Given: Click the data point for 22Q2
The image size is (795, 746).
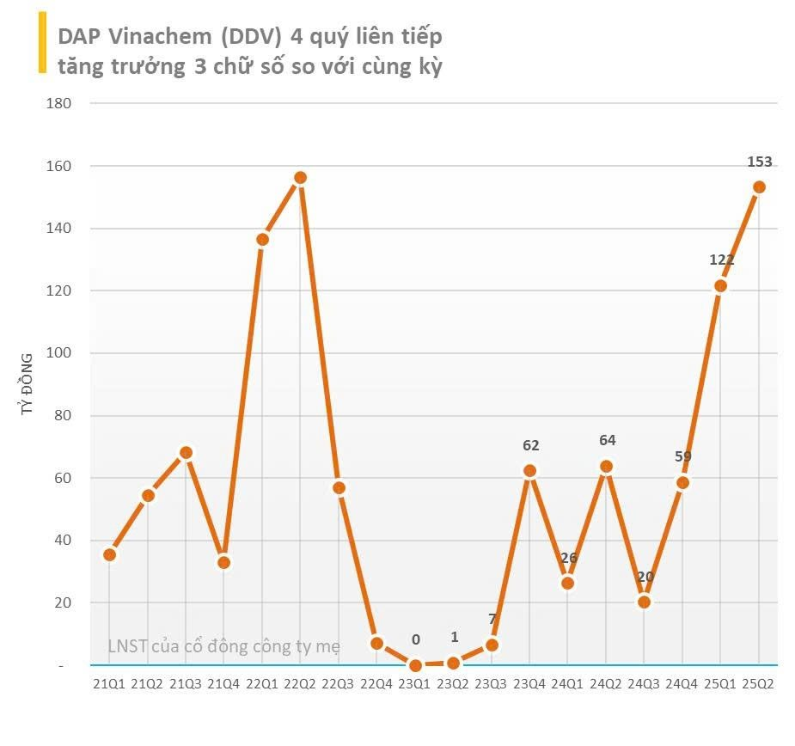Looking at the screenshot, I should coord(300,178).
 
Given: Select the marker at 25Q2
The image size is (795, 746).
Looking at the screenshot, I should coord(759,187).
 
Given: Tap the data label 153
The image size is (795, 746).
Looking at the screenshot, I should coord(760,162).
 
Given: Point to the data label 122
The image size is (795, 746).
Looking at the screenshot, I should coord(721,260).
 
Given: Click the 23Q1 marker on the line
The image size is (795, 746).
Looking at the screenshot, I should coord(415,665).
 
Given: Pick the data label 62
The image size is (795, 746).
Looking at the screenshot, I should coord(530,445).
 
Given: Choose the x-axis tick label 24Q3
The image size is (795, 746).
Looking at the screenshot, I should coord(644,684).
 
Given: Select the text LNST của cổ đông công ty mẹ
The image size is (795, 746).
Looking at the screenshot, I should coord(223,646).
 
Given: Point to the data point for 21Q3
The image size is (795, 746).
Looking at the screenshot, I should coord(186,453).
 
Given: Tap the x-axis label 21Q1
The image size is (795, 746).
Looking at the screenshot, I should coord(109,684).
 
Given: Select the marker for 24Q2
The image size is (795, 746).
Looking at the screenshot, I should coord(606,467).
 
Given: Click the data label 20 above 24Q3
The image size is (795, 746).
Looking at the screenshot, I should coord(645,577).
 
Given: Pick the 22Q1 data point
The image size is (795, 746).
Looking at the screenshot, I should coord(262,239).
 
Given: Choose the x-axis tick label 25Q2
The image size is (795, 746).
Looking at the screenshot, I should coord(759,684).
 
